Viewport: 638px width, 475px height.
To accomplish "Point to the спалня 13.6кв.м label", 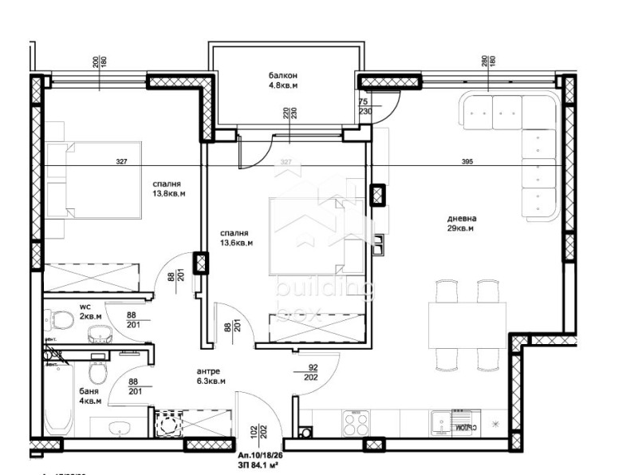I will tap(237, 238).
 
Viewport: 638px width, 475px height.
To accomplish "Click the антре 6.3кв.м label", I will tap(211, 376).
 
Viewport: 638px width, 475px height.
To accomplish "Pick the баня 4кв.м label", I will tap(91, 396).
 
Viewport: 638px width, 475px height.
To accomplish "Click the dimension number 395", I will tap(467, 162).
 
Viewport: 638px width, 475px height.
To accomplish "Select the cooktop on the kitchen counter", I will tap(356, 422).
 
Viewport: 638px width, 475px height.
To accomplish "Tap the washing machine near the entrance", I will tap(168, 426).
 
